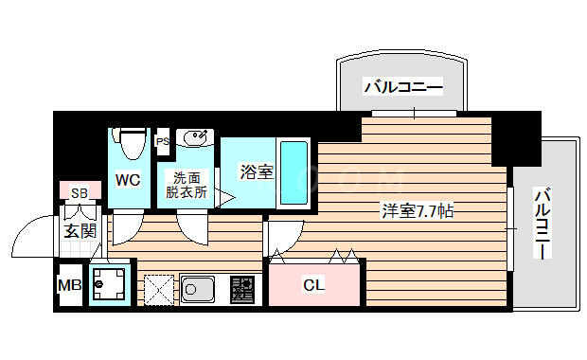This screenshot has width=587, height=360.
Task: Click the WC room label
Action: pos(129,178)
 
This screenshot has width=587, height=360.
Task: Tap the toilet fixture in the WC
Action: pos(131,142)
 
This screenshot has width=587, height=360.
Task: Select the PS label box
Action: pos(162,142)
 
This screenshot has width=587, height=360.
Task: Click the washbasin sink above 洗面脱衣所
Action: pos(196,140)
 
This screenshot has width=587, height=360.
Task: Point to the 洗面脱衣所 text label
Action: pos(187,184)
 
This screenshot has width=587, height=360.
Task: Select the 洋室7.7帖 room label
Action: pos(417,210)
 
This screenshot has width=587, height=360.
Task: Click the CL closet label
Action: pos(313,283)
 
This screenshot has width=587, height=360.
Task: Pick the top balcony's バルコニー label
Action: pos(403,88)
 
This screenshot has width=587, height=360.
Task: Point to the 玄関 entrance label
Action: pos(79,230)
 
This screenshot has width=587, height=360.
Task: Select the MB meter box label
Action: pos(69,284)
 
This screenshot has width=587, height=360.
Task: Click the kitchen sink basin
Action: pos(200,287)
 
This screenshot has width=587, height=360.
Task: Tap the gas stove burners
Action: pos(241,287)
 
